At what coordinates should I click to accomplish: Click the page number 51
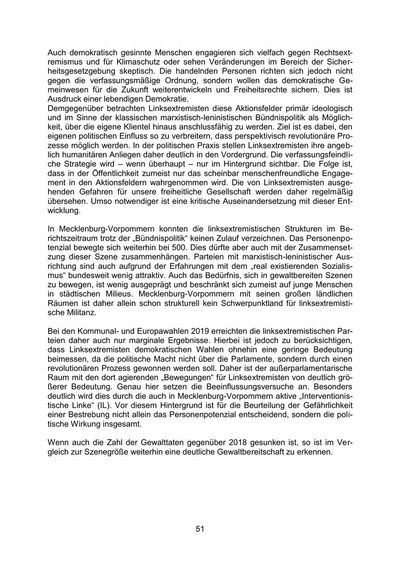click(200, 529)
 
